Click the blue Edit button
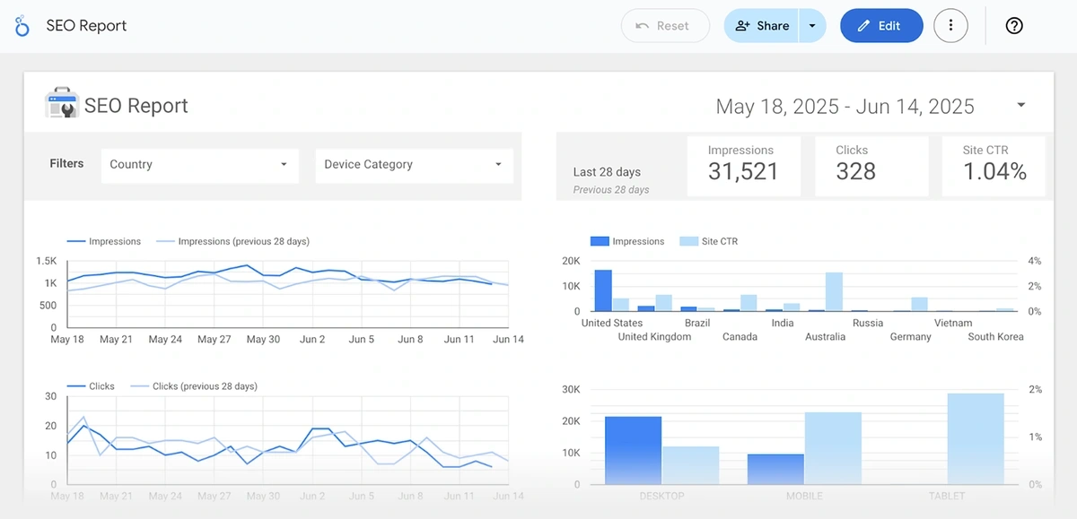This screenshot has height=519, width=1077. (880, 26)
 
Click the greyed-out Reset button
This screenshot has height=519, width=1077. (664, 26)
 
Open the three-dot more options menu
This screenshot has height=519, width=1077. (950, 26)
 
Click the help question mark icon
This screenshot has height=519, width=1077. (1014, 26)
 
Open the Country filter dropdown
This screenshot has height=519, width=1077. (199, 165)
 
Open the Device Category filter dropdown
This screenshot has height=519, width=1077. (413, 165)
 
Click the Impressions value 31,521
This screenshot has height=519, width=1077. (742, 172)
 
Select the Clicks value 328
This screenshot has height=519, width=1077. (855, 172)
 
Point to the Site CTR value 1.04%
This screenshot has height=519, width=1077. (994, 172)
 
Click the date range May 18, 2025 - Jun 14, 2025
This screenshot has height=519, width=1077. (845, 107)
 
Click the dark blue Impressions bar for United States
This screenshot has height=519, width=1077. (603, 290)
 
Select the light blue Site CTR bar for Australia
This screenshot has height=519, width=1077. (834, 292)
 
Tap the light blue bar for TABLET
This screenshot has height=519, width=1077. (976, 439)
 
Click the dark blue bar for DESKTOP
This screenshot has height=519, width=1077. (633, 450)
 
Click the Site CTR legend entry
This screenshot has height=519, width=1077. (720, 241)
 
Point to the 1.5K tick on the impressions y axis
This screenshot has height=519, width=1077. (47, 262)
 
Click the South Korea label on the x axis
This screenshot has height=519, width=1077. (995, 337)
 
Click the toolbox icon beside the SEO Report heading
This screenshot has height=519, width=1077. (62, 105)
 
